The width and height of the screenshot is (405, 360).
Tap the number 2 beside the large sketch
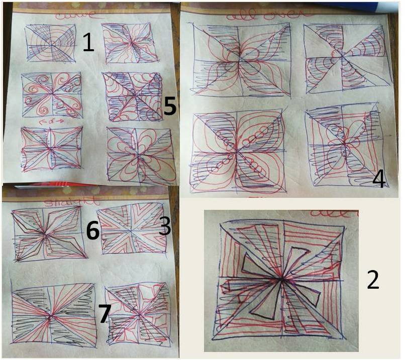372,280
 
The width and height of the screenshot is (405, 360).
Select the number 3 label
165,226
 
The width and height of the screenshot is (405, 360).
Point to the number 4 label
379,178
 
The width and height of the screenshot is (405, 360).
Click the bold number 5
170,106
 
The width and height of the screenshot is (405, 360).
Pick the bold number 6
92,230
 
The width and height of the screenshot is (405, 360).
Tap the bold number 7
105,313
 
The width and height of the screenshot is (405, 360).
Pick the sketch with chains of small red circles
236,149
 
